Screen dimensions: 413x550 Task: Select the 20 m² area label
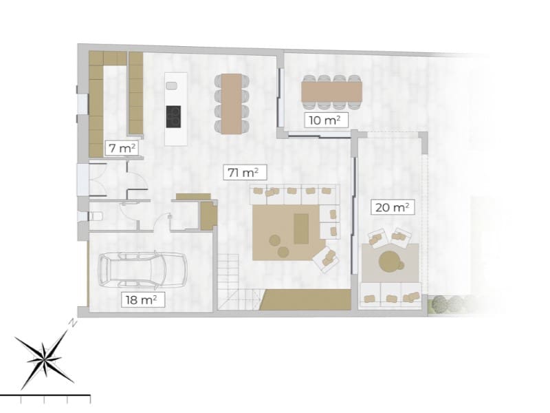click(392, 206)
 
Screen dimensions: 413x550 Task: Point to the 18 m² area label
click(142, 299)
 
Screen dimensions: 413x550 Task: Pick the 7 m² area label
click(119, 147)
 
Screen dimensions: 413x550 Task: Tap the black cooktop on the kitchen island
click(173, 116)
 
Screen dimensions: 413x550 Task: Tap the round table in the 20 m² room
click(390, 260)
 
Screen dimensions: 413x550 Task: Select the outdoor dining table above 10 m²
click(331, 90)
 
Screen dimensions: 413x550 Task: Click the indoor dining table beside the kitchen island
click(230, 103)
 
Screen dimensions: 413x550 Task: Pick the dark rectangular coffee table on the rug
click(301, 229)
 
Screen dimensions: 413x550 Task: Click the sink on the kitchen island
click(172, 85)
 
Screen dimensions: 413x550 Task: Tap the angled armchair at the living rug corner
click(325, 259)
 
